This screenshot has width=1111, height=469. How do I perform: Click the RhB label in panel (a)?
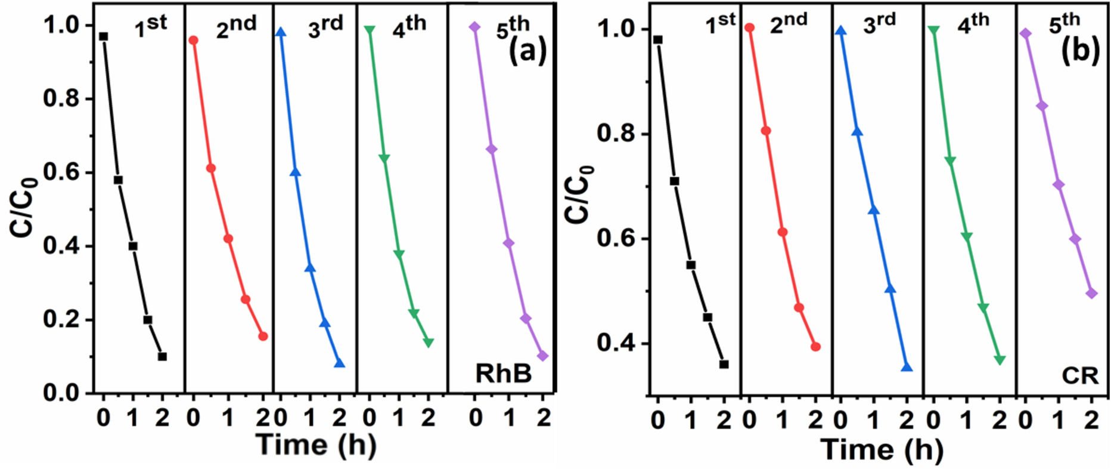[503, 374]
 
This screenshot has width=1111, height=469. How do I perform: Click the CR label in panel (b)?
[1079, 377]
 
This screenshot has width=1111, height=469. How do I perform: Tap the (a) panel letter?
[527, 53]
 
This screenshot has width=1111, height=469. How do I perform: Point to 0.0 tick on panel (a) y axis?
[63, 393]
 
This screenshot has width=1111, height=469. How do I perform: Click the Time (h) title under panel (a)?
[316, 445]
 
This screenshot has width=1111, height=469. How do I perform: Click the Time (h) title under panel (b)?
[882, 449]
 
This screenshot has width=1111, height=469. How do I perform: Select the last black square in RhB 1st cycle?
[162, 356]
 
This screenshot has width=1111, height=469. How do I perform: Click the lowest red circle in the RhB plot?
[263, 337]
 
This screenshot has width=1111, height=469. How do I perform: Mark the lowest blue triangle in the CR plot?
[907, 367]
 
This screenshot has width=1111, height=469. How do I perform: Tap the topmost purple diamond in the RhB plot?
[474, 27]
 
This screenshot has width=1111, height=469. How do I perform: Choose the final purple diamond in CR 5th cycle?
[1092, 293]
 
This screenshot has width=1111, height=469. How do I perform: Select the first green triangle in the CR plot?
[933, 30]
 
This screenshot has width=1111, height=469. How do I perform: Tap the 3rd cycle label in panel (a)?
[325, 27]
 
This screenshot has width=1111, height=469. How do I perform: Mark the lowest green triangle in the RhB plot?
[428, 343]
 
